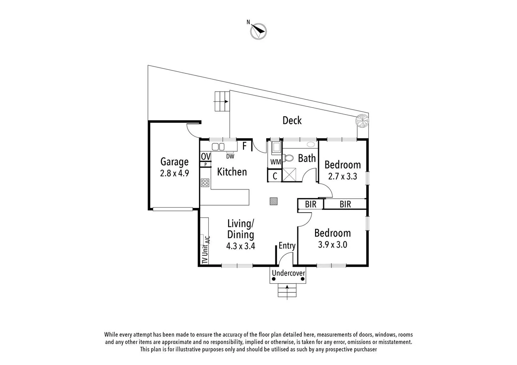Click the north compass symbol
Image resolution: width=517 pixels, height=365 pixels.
[x=258, y=31]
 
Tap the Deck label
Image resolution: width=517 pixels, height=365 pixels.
[x=292, y=120]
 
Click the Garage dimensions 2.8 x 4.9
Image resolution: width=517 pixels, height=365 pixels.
[x=174, y=173]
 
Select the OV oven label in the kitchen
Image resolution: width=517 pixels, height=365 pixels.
[x=205, y=156]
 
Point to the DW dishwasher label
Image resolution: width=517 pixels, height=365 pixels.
[x=230, y=156]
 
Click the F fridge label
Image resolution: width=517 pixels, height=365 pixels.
[x=244, y=146]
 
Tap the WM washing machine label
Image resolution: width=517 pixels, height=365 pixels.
[x=275, y=162]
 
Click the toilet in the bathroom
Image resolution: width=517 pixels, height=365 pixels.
[x=288, y=158]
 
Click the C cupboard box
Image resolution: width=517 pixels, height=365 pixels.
[x=275, y=176]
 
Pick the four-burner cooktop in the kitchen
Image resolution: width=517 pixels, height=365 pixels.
[x=205, y=183]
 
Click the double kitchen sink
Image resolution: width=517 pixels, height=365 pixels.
[x=218, y=147]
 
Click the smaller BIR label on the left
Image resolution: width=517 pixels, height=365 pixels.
[x=310, y=204]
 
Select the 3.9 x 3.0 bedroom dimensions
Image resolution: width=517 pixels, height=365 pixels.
[x=332, y=245]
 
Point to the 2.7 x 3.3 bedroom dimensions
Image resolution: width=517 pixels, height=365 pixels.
[x=342, y=176]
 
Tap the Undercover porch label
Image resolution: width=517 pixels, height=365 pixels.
[x=288, y=273]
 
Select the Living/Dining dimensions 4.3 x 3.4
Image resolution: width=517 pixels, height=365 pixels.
[x=240, y=246]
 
